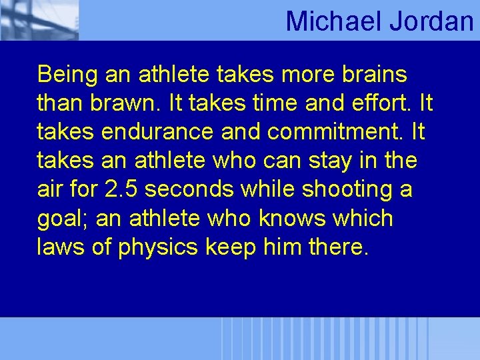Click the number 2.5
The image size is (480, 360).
121,189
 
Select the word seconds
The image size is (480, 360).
189,189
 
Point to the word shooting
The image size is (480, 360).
347,189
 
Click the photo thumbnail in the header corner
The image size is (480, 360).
39,20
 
